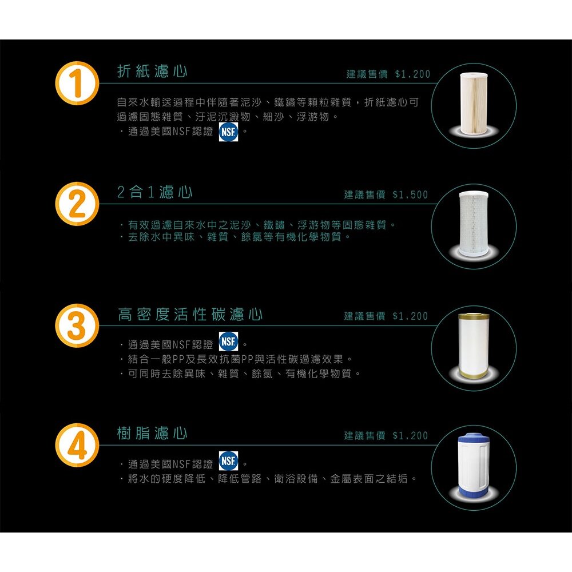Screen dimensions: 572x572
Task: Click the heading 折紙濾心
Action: pyautogui.click(x=152, y=71)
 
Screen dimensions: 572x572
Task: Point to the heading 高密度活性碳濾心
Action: pyautogui.click(x=190, y=315)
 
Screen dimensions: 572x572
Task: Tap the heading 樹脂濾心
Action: pyautogui.click(x=152, y=434)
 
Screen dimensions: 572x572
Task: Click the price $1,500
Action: pyautogui.click(x=410, y=195)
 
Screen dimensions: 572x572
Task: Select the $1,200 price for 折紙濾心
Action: pyautogui.click(x=412, y=75)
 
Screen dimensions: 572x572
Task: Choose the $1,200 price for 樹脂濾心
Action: pyautogui.click(x=410, y=436)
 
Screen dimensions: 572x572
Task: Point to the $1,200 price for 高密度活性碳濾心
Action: pyautogui.click(x=410, y=316)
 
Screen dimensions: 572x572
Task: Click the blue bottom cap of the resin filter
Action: pyautogui.click(x=474, y=491)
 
